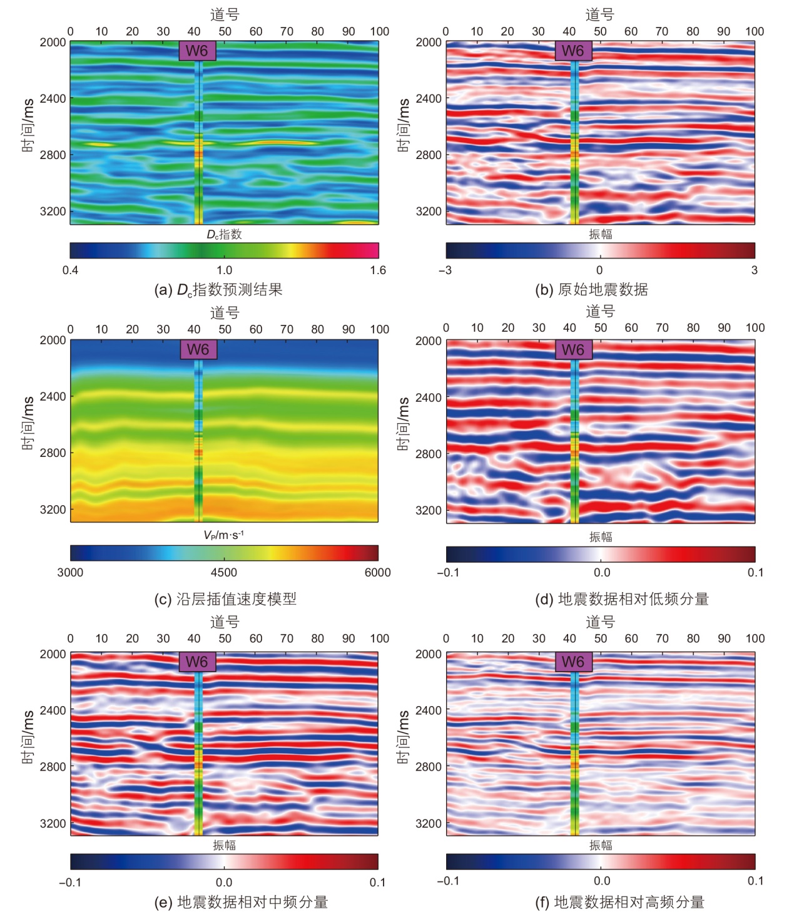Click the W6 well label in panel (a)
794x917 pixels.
click(x=197, y=51)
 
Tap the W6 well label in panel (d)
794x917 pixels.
click(x=573, y=350)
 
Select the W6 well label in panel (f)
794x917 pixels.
click(x=573, y=662)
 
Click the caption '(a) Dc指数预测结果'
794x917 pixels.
click(x=218, y=290)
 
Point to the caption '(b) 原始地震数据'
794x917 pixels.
click(x=591, y=290)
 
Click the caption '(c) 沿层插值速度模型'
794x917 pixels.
click(x=225, y=599)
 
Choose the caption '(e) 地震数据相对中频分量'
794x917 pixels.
click(x=241, y=902)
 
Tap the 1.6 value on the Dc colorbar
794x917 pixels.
click(x=378, y=270)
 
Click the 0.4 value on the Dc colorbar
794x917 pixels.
click(x=70, y=270)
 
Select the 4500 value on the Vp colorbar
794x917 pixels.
click(x=224, y=572)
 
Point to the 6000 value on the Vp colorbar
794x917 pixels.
click(x=377, y=572)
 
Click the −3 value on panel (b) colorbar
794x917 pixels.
click(x=445, y=270)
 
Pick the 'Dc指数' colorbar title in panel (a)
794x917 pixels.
click(x=224, y=234)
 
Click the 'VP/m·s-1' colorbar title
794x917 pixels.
click(x=223, y=535)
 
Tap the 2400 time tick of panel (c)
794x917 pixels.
click(x=53, y=396)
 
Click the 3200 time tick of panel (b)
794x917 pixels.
click(x=429, y=212)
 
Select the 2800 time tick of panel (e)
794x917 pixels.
click(x=53, y=766)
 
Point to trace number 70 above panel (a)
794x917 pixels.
click(x=287, y=31)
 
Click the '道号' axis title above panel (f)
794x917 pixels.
click(x=600, y=622)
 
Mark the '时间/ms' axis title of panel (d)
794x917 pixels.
click(x=404, y=423)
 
